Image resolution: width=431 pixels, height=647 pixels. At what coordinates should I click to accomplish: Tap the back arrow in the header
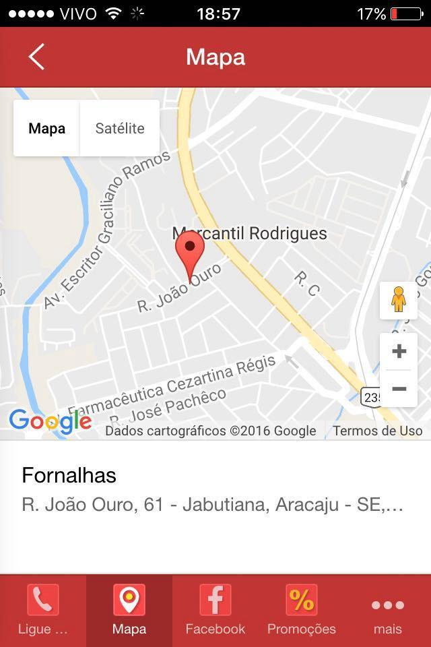tap(36, 57)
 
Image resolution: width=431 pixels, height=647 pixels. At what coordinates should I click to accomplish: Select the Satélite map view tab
tap(120, 128)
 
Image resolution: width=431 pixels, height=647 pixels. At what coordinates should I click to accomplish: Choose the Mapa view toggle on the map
tap(47, 128)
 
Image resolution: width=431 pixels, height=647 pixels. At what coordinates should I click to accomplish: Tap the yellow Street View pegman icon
tap(399, 300)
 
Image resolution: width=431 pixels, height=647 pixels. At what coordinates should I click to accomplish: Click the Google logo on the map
tap(51, 421)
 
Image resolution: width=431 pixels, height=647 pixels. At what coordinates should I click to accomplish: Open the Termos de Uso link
tap(377, 431)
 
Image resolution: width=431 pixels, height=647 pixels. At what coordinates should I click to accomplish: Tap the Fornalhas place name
tap(69, 475)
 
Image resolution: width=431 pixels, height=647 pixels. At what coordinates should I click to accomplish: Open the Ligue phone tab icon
tap(42, 600)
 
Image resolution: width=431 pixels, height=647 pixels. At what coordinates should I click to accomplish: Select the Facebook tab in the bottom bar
tap(215, 610)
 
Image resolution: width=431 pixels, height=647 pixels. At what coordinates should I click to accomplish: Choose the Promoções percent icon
tap(301, 600)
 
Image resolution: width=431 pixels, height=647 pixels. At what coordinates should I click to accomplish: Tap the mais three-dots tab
tap(388, 610)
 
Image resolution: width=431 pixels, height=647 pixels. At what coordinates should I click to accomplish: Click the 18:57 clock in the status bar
tap(218, 13)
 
